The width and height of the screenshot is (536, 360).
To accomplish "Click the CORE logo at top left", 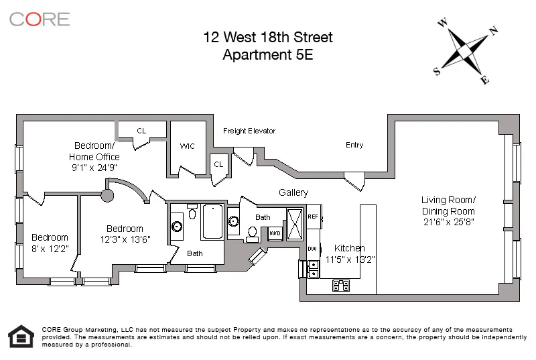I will [40, 19].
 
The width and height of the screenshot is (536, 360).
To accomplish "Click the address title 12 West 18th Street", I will [268, 38].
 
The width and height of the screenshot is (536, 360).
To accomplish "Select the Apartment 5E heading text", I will [268, 54].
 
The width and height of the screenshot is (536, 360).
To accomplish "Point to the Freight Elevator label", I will [249, 131].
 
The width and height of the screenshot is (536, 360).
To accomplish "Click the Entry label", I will [354, 145].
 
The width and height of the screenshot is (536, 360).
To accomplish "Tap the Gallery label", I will [293, 192].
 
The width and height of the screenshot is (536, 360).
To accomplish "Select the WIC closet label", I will [188, 146].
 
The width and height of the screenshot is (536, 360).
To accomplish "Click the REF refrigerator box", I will [313, 217].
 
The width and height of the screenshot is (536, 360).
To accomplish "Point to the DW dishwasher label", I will [312, 249].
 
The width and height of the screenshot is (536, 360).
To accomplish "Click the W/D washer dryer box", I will [275, 233].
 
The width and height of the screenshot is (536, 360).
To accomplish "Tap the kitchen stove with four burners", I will [341, 286].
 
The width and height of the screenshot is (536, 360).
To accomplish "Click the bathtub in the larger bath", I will [212, 222].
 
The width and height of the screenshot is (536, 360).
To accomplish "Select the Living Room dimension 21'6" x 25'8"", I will [448, 221].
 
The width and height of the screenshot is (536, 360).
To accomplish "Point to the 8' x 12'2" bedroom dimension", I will [50, 249].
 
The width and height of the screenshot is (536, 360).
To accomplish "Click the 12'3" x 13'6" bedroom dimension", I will [125, 240].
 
